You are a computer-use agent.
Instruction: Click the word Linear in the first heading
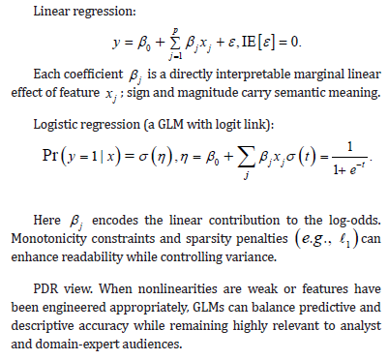coord(51,12)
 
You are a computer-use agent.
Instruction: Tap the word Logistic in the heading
coord(52,124)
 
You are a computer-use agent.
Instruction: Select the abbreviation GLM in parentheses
coord(170,124)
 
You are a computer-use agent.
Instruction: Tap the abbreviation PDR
coord(45,288)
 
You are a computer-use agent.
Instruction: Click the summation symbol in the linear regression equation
coord(175,43)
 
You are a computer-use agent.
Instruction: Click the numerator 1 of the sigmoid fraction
coord(350,147)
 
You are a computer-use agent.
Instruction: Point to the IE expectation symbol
coord(249,43)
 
